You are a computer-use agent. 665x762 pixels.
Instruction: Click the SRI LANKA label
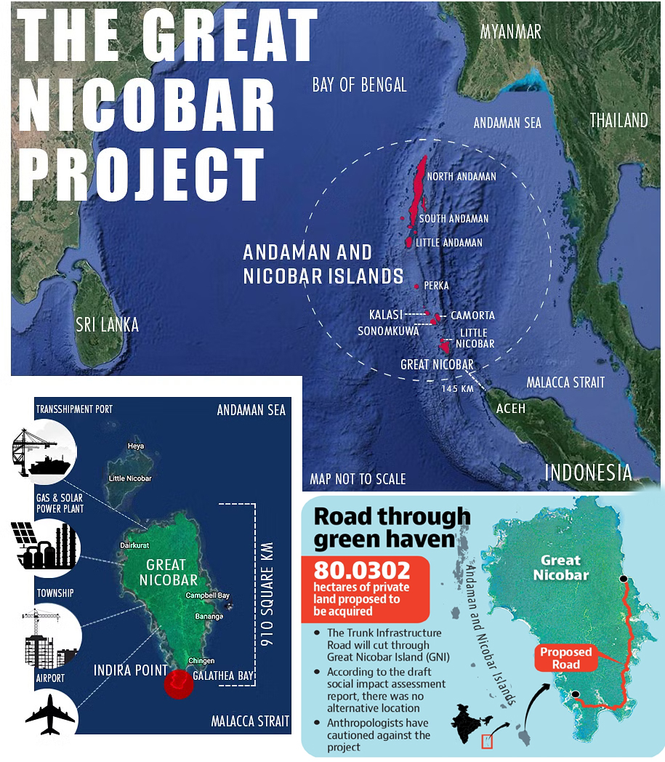click(x=107, y=324)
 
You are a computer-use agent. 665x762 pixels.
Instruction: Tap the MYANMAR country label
click(x=511, y=32)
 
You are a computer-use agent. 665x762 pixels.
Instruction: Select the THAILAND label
click(x=618, y=121)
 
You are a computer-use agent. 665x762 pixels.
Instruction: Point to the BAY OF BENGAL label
click(x=359, y=84)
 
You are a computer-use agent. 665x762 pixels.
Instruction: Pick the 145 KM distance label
click(x=456, y=389)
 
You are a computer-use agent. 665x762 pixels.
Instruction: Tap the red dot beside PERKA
click(x=416, y=286)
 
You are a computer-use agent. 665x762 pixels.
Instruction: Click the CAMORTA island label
click(x=472, y=316)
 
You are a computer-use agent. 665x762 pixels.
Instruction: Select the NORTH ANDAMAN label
click(x=462, y=177)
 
